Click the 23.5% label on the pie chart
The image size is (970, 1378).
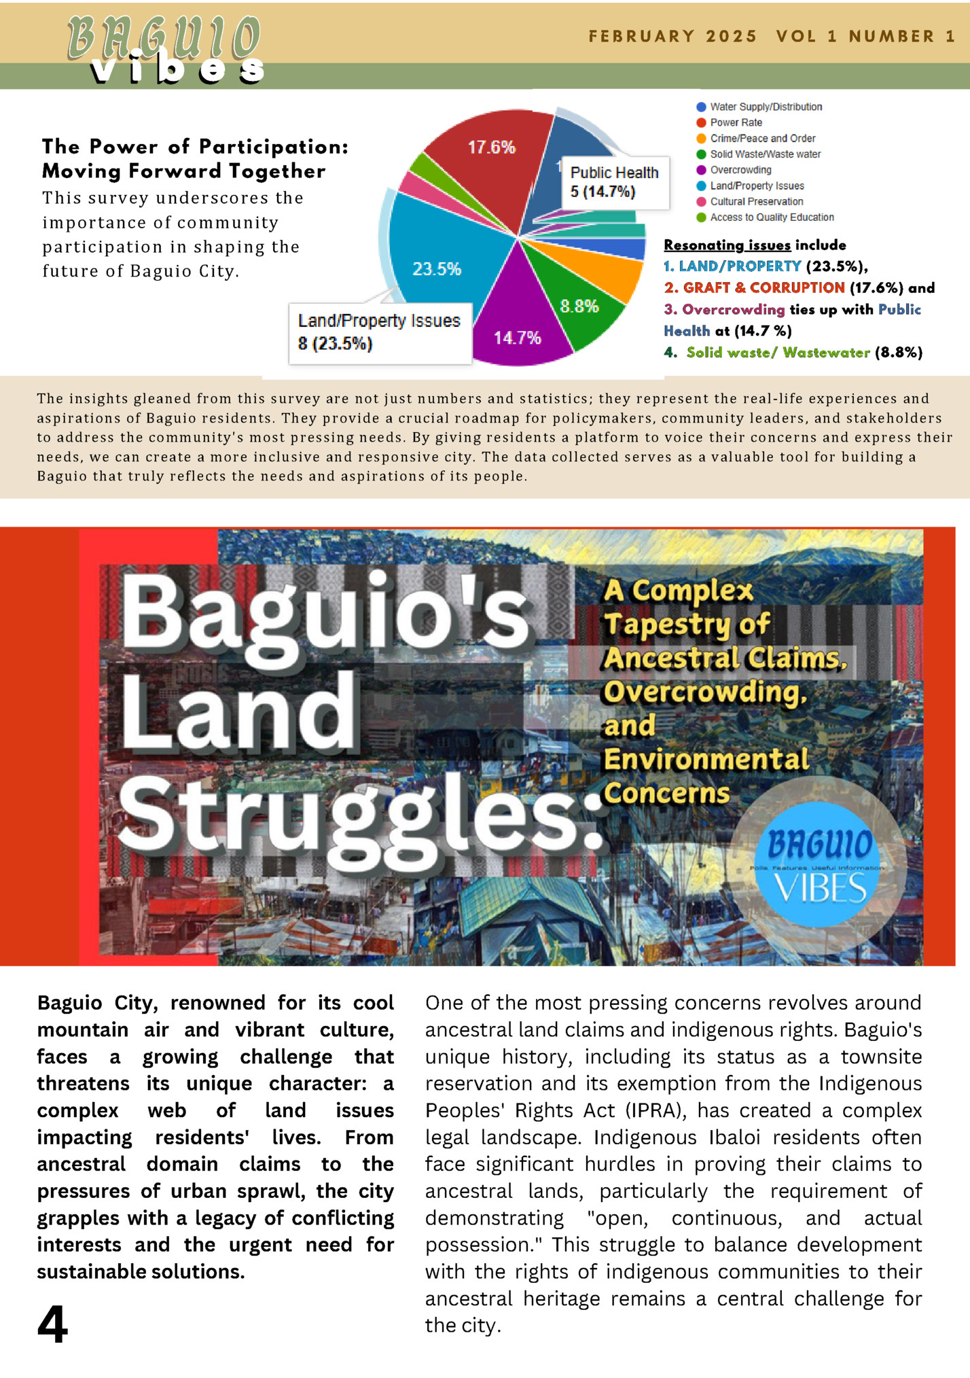click(x=437, y=269)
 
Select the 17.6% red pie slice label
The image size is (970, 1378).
click(x=491, y=147)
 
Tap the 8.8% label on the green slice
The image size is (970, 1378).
click(x=579, y=306)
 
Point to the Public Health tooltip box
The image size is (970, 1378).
click(x=614, y=182)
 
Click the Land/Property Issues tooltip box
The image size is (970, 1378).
click(x=379, y=332)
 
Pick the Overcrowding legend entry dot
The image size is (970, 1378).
click(x=702, y=170)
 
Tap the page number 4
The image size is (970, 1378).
click(x=52, y=1324)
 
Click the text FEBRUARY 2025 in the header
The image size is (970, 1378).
click(x=672, y=37)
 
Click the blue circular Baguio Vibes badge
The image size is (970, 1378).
click(x=819, y=864)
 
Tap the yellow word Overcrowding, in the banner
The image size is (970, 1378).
click(x=705, y=692)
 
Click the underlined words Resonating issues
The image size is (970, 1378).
click(x=727, y=245)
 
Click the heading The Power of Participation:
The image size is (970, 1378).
click(x=195, y=147)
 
